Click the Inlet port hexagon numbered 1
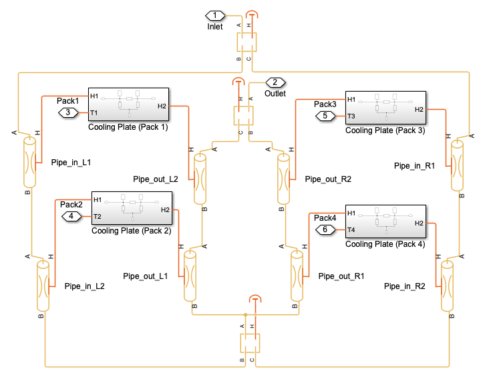pyautogui.click(x=215, y=15)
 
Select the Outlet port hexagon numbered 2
pyautogui.click(x=275, y=82)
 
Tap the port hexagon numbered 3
pyautogui.click(x=68, y=112)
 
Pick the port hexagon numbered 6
pyautogui.click(x=325, y=229)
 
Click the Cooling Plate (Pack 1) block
pyautogui.click(x=128, y=104)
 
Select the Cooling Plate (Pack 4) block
pyautogui.click(x=385, y=221)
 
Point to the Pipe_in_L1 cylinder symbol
pyautogui.click(x=30, y=162)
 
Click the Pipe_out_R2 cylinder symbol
pyautogui.click(x=283, y=179)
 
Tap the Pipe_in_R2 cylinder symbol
pyautogui.click(x=447, y=286)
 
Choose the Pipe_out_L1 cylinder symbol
pyautogui.click(x=190, y=276)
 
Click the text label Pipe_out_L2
pyautogui.click(x=155, y=179)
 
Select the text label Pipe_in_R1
pyautogui.click(x=414, y=166)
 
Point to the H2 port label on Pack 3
pyautogui.click(x=419, y=110)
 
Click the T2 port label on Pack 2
pyautogui.click(x=98, y=216)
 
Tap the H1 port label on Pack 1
pyautogui.click(x=94, y=96)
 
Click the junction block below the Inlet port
pyautogui.click(x=247, y=42)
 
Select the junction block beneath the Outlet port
pyautogui.click(x=243, y=116)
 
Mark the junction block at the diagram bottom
pyautogui.click(x=250, y=343)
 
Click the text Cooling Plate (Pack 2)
pyautogui.click(x=132, y=231)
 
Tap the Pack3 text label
pyautogui.click(x=325, y=104)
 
